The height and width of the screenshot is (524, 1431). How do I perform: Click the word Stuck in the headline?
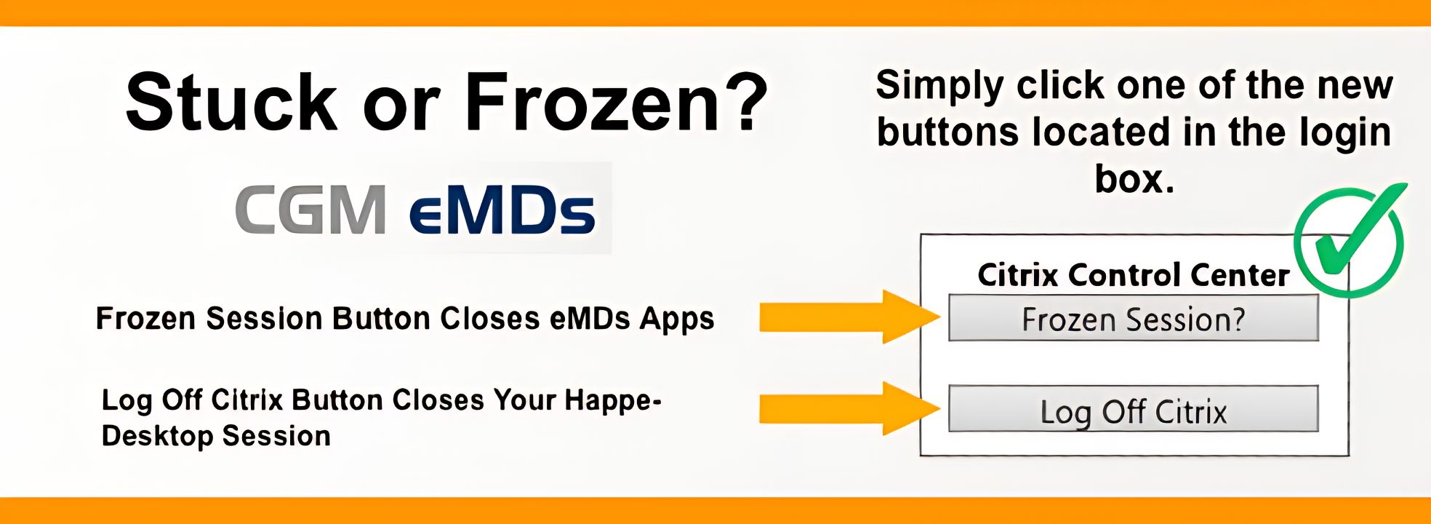coord(231,102)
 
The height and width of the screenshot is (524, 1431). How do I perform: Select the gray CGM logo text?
coord(310,210)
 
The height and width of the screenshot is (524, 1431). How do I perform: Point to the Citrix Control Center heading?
coord(1134,275)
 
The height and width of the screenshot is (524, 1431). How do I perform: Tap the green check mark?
coord(1350,240)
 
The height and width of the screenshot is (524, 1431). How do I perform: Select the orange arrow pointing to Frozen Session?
coord(849,317)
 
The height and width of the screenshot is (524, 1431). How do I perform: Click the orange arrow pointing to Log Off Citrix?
coord(849,408)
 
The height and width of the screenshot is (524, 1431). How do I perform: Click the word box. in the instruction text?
coord(1134,178)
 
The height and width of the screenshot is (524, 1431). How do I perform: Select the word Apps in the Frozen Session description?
coord(677,319)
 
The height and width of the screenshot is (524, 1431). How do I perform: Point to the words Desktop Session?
coord(216,436)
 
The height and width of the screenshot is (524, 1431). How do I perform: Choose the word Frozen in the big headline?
coord(589,102)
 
